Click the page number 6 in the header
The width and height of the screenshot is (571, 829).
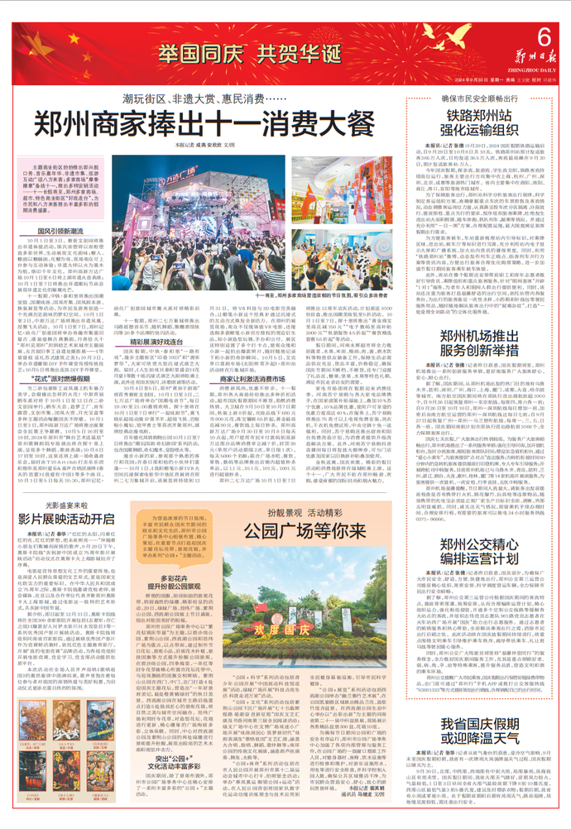[x=544, y=36]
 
